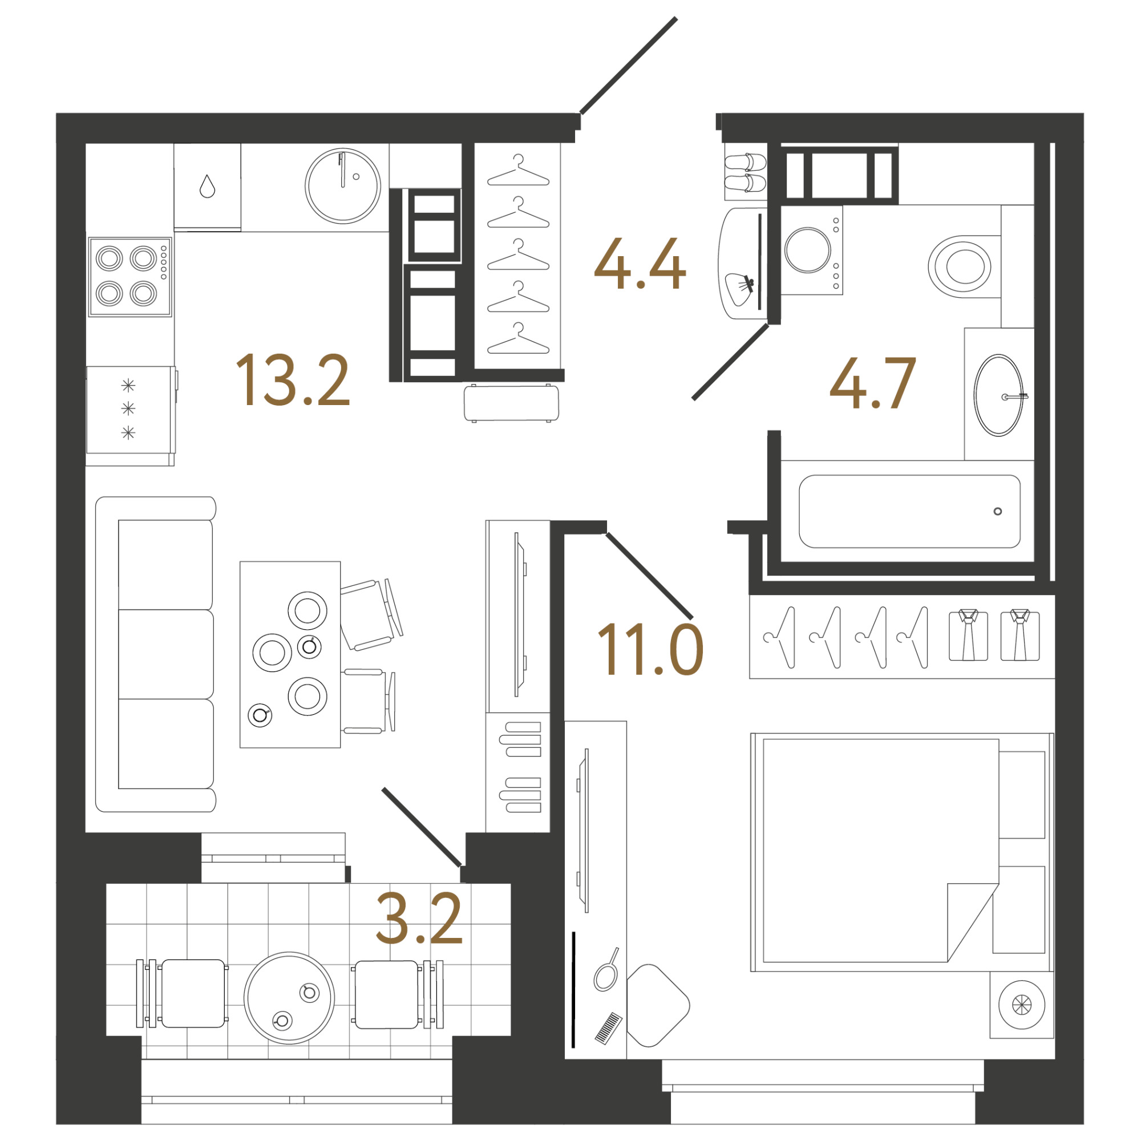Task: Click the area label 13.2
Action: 293,381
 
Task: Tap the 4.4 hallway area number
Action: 640,264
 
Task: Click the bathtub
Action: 909,511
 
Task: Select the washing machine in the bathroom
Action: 812,250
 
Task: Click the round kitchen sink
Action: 342,185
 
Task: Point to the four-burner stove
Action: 130,276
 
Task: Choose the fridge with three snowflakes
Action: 131,410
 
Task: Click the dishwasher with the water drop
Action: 207,186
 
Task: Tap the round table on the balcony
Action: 289,997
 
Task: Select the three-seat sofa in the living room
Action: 156,654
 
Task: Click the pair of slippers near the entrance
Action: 745,173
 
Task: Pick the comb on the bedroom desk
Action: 608,1028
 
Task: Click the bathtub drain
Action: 997,511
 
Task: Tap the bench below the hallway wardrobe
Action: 511,403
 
